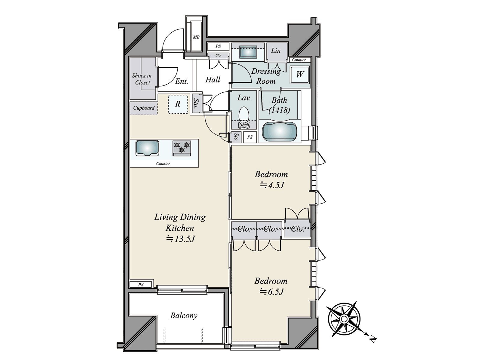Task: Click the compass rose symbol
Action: (x=344, y=319)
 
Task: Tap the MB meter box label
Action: (x=196, y=37)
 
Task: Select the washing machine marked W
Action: (x=300, y=74)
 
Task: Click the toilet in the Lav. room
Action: (x=244, y=114)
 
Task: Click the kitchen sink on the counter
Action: (x=147, y=148)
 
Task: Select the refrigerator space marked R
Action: (x=178, y=104)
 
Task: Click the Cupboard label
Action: (x=144, y=108)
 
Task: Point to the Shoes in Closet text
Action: (x=142, y=79)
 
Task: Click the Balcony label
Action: (x=184, y=316)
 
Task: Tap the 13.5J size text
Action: (x=181, y=239)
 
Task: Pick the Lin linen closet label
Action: (x=276, y=51)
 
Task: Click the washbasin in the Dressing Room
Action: (x=248, y=52)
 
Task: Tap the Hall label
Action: (x=213, y=80)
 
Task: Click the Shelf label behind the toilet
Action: (x=244, y=125)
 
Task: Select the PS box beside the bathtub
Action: (x=250, y=137)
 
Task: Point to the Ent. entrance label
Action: (x=182, y=81)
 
